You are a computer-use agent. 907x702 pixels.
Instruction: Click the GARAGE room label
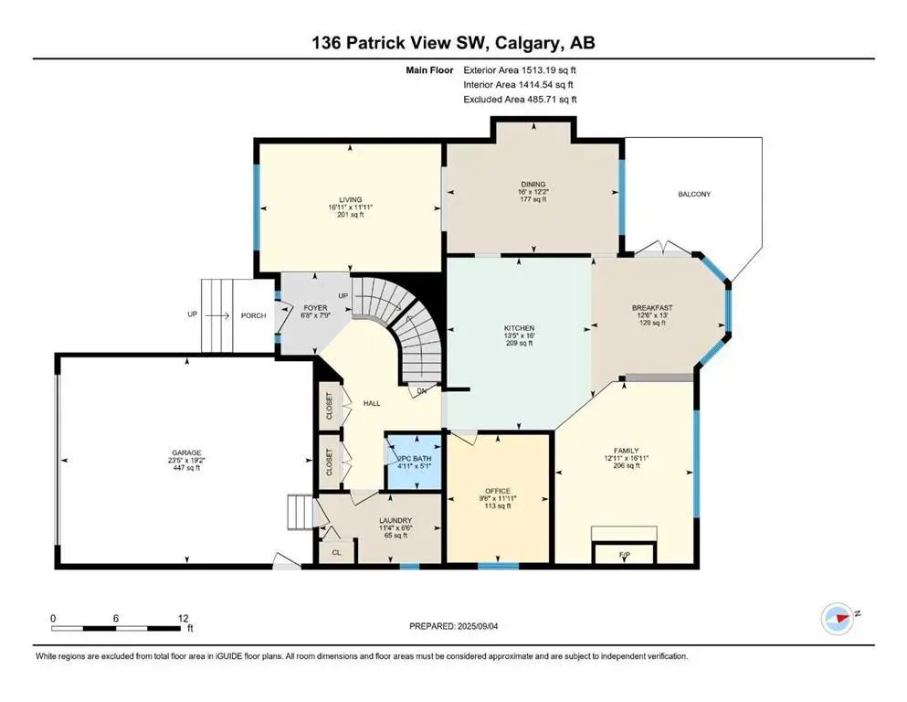[x=186, y=452]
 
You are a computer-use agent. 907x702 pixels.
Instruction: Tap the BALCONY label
[x=694, y=194]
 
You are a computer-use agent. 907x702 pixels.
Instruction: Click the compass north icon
[x=837, y=617]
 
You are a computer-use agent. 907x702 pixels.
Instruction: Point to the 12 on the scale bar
[x=182, y=618]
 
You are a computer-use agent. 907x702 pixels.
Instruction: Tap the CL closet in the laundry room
[x=336, y=552]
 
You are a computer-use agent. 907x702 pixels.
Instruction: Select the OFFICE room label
[x=498, y=491]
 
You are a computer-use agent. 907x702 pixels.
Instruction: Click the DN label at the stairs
[x=422, y=391]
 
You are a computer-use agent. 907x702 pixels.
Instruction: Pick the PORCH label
[x=253, y=315]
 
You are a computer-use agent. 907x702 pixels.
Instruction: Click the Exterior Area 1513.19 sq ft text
[x=520, y=69]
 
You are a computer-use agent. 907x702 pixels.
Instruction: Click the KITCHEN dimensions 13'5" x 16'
[x=519, y=336]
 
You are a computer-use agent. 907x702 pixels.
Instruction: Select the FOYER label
[x=316, y=308]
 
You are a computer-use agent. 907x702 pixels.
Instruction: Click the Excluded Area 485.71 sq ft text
[x=520, y=99]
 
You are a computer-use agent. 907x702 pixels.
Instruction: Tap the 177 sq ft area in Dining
[x=533, y=199]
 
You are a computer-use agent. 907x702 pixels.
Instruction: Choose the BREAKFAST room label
[x=650, y=308]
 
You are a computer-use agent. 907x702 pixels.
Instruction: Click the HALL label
[x=371, y=403]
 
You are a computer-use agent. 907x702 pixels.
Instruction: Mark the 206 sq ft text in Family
[x=625, y=465]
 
